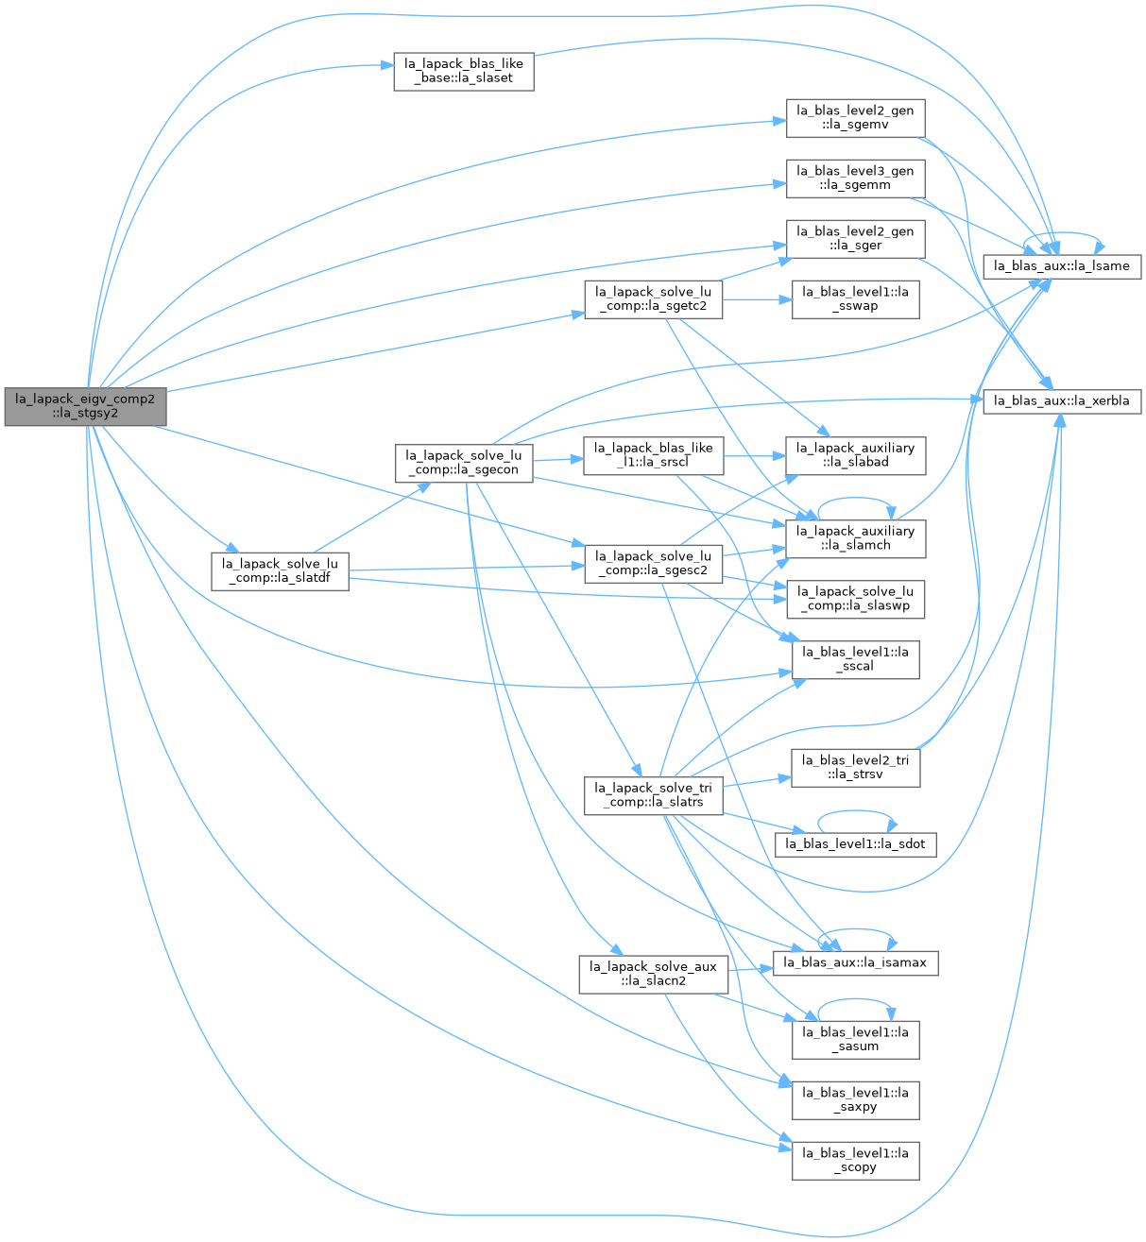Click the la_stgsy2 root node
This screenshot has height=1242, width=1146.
pos(85,406)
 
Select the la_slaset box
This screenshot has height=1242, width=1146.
pos(463,71)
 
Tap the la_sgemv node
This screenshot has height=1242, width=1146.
pos(855,118)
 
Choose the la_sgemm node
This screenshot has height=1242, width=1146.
pos(855,179)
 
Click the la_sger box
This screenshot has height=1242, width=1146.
pos(855,239)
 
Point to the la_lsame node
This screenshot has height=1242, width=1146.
pos(1062,266)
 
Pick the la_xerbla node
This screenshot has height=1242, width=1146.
pos(1062,400)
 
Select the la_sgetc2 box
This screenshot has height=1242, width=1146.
pos(653,299)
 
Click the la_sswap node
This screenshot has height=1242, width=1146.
pos(855,299)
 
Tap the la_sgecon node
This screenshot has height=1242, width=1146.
pos(463,464)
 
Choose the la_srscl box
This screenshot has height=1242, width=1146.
pos(653,456)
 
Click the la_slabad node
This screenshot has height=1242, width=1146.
pos(855,456)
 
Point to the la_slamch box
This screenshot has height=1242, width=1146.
pos(855,539)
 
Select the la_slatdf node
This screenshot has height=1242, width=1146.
pos(280,571)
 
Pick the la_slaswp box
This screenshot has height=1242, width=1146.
pos(855,600)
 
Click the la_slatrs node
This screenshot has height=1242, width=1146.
pos(653,796)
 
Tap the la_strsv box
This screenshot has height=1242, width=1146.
pos(855,768)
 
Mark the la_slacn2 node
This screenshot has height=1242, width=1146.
pos(653,975)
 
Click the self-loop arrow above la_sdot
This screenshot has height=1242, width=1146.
pos(855,811)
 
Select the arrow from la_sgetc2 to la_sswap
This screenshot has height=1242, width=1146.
pos(757,299)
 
